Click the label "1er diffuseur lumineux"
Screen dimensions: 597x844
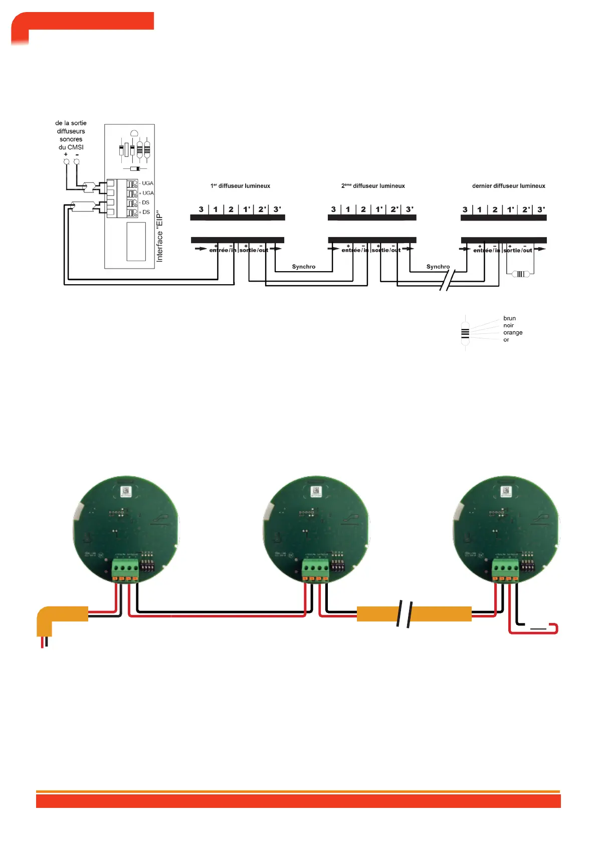[x=240, y=186]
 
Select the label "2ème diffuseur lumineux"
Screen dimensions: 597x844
[x=373, y=186]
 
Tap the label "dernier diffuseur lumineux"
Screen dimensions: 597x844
[x=508, y=186]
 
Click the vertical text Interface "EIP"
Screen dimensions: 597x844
[x=160, y=236]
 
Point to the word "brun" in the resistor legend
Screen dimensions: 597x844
[x=509, y=318]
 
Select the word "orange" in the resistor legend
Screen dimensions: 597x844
[x=513, y=332]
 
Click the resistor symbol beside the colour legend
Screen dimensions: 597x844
[x=465, y=332]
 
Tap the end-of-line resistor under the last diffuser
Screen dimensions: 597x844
[x=520, y=274]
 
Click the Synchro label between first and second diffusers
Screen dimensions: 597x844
[x=304, y=267]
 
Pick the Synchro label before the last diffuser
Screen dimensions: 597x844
[x=438, y=267]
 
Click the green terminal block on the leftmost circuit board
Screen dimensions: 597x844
[x=125, y=568]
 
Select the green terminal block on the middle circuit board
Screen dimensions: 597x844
[x=315, y=568]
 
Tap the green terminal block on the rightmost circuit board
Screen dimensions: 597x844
[x=505, y=568]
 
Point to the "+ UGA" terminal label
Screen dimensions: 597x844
[x=146, y=193]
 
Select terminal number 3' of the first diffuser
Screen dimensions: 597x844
[x=277, y=209]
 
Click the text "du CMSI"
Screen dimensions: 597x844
[x=71, y=147]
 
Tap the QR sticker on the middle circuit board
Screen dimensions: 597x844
[x=316, y=491]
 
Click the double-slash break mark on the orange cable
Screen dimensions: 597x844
[x=405, y=614]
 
